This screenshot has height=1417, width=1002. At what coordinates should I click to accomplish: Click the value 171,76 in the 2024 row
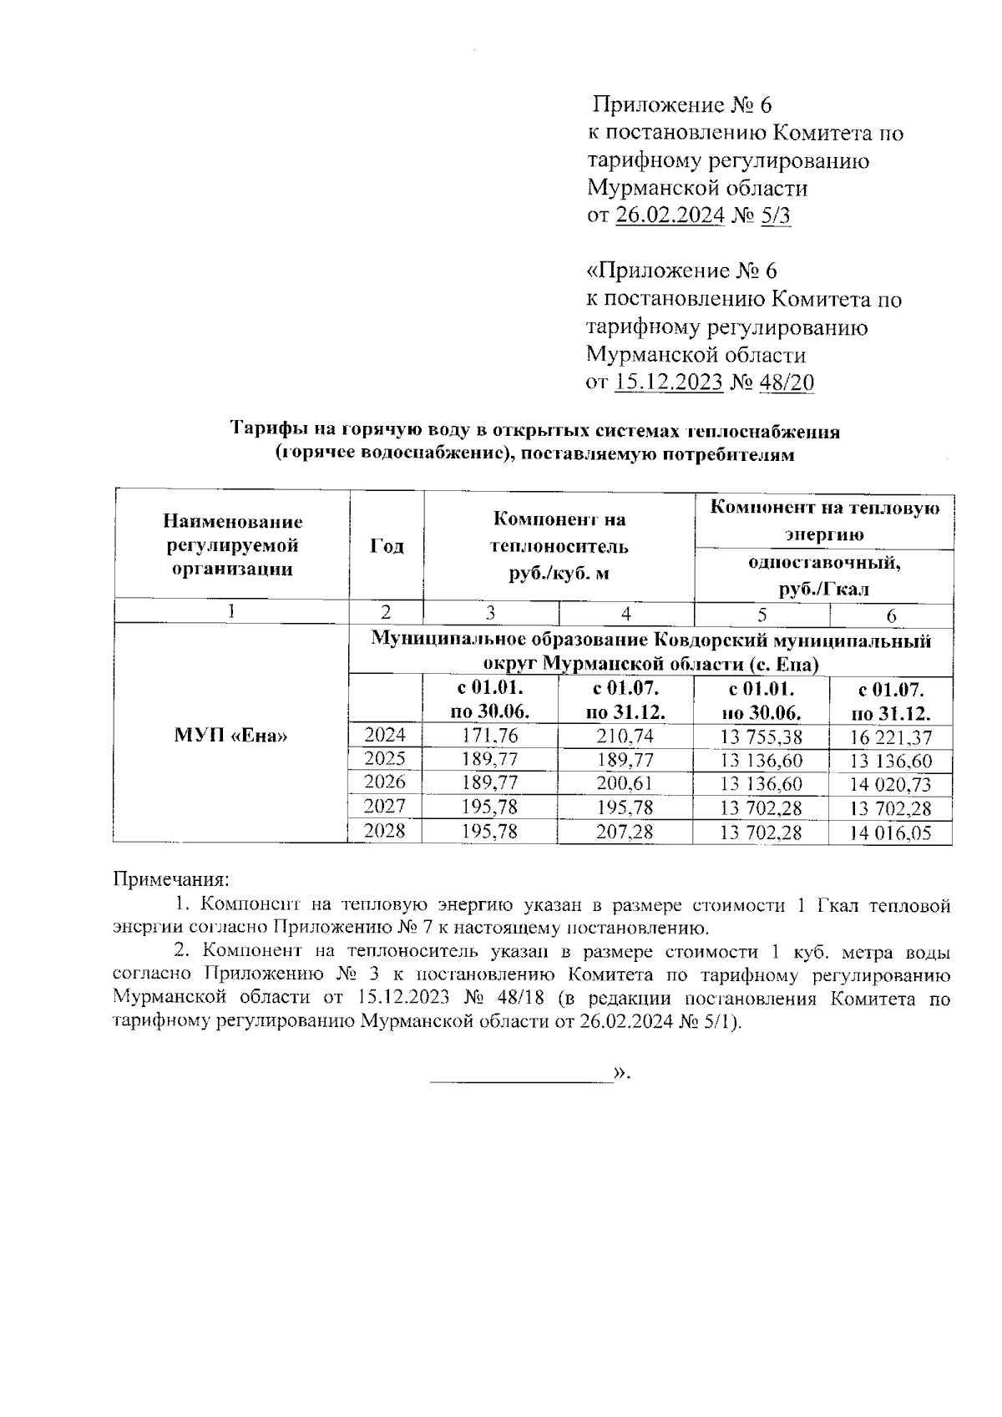click(491, 736)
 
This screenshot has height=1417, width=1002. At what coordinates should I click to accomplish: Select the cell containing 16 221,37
click(890, 737)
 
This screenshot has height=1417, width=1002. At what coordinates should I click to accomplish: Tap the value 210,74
click(625, 736)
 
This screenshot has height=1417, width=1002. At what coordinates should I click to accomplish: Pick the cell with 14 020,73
click(890, 785)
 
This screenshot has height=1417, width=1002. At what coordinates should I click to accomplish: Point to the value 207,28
click(625, 832)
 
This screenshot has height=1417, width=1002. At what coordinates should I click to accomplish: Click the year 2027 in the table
click(385, 807)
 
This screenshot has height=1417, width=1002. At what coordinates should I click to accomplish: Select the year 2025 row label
click(385, 759)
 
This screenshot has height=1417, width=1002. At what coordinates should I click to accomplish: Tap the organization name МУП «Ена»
click(231, 736)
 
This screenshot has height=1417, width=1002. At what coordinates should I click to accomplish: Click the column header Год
click(387, 546)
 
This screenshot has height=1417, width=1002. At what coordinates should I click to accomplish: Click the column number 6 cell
click(891, 616)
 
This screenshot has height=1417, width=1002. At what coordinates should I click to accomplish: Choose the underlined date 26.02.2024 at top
click(670, 216)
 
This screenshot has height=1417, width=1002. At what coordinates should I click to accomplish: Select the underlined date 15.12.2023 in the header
click(669, 383)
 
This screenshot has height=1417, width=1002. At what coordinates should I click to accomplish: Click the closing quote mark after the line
click(620, 1073)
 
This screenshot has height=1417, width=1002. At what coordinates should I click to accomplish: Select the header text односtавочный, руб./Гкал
click(823, 575)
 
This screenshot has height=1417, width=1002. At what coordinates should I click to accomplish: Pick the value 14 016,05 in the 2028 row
click(890, 833)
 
